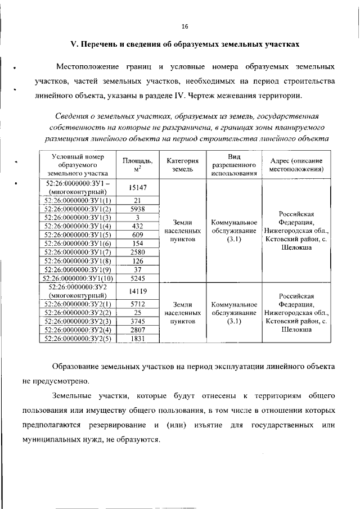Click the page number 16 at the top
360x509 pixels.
point(184,26)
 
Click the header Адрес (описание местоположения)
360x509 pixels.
point(296,164)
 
